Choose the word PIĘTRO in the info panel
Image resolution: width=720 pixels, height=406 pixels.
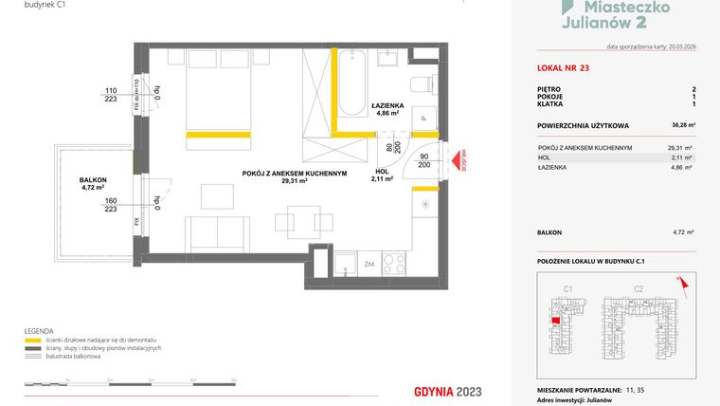click(549, 88)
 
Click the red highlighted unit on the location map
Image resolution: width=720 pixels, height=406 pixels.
click(556, 319)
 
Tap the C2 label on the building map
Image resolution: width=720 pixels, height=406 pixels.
click(638, 288)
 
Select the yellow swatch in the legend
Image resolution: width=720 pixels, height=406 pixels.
click(33, 340)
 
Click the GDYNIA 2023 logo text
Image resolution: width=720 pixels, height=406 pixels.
click(451, 391)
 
